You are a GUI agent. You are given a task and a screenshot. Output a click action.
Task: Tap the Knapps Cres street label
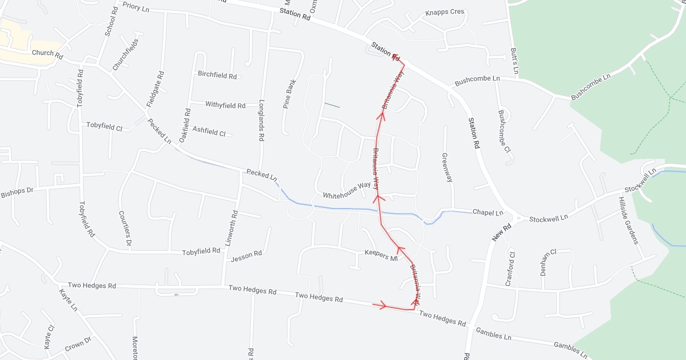[445, 13]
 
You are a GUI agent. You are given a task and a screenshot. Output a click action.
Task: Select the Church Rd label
[47, 54]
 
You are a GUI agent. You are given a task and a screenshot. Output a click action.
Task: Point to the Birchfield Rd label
[217, 75]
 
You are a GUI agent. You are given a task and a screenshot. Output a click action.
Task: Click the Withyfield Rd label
[225, 105]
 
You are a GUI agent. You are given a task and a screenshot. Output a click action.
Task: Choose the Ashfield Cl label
[209, 131]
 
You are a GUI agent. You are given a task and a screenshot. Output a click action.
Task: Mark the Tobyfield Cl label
[105, 126]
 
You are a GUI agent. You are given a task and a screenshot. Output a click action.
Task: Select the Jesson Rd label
[246, 256]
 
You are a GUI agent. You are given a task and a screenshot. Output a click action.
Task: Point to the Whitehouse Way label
[347, 191]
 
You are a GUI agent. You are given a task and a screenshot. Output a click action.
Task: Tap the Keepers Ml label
[381, 255]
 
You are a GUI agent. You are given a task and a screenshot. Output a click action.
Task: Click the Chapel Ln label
[488, 212]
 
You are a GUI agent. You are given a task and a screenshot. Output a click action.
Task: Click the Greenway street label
[447, 167]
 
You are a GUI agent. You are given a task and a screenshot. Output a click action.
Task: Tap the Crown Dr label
[78, 345]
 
